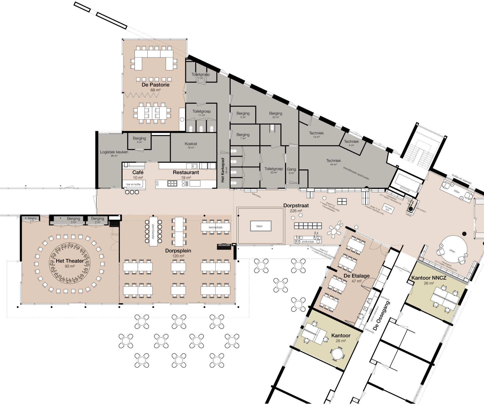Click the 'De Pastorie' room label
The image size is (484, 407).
click(x=155, y=85)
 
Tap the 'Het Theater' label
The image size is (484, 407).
click(x=70, y=261)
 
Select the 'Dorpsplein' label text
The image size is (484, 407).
click(x=178, y=251)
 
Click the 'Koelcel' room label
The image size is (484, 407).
click(x=191, y=144)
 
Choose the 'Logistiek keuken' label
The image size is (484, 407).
click(x=114, y=152)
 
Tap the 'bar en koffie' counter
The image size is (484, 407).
click(x=134, y=184)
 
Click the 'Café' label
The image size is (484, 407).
click(x=138, y=172)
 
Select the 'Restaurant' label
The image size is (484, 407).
click(x=186, y=172)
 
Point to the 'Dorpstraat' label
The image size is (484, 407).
click(x=296, y=205)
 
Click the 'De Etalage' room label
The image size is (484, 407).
click(x=356, y=276)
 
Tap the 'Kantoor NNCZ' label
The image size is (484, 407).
click(x=429, y=278)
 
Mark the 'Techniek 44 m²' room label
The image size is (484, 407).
click(x=333, y=161)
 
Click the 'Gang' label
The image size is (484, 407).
click(x=291, y=169)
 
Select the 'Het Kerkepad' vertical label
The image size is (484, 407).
click(x=223, y=170)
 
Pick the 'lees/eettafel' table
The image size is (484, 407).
click(x=216, y=227)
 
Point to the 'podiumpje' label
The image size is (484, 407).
click(x=308, y=242)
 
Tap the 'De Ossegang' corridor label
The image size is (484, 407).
click(x=382, y=316)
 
